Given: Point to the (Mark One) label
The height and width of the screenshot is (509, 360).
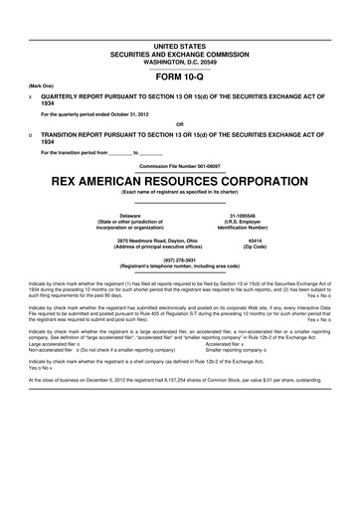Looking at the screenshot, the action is [41, 86].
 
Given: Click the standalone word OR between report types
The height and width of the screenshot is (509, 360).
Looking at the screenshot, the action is [180, 125].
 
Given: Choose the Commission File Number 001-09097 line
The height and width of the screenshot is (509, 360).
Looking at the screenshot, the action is [180, 164].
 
